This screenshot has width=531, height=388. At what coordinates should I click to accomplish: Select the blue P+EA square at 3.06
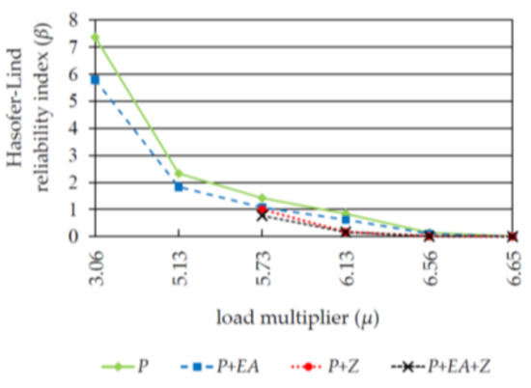[95, 79]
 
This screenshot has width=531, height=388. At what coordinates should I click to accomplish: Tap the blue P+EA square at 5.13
[179, 186]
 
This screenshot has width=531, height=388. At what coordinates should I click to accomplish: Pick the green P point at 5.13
[179, 174]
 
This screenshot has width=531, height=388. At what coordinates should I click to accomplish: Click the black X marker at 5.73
[262, 215]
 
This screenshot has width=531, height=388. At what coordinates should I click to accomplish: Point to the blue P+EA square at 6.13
[346, 220]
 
